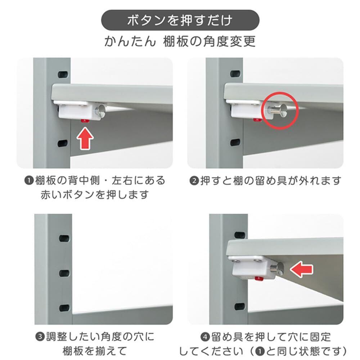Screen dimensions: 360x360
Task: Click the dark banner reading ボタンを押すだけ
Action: tap(180, 20)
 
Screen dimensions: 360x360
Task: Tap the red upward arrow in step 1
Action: tap(85, 139)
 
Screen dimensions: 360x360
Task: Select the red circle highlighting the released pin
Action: tap(280, 111)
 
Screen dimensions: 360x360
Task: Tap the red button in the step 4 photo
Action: tap(259, 279)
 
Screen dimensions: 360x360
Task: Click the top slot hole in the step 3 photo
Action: tap(64, 238)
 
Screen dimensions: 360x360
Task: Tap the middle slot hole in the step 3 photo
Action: tap(64, 273)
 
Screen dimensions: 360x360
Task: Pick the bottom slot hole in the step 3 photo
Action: tap(64, 308)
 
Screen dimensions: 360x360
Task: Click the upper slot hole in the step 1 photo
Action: tap(63, 75)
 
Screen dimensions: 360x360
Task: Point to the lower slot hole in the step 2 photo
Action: tap(235, 143)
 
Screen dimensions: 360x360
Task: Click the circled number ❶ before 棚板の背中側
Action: tap(29, 180)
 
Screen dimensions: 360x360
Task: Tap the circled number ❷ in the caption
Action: tap(194, 181)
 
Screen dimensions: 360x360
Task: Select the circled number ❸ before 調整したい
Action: tap(40, 337)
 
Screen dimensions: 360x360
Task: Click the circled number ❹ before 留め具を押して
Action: tap(205, 337)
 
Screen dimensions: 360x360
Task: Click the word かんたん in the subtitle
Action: tap(130, 42)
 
